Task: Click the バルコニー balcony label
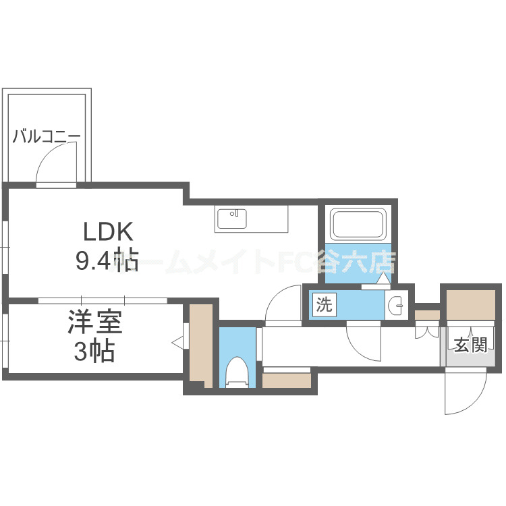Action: coord(47,137)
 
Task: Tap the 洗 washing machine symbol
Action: coord(325,305)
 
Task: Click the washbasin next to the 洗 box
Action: coord(397,305)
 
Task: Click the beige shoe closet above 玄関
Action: coord(471,306)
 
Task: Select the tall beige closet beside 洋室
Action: coord(200,344)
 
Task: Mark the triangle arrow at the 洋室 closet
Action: coord(178,343)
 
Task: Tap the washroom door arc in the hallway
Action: coord(365,341)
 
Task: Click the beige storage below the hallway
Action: coord(286,380)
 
